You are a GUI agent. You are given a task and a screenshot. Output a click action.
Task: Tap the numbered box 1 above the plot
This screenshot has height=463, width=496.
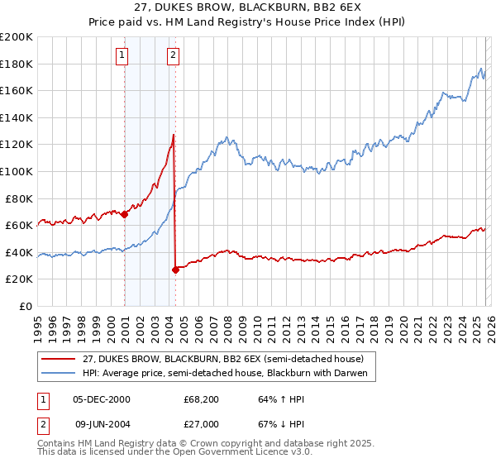122,55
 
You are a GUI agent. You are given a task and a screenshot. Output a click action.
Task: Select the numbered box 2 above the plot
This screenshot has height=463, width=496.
173,55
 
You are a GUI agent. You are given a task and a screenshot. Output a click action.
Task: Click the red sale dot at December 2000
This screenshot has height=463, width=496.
125,214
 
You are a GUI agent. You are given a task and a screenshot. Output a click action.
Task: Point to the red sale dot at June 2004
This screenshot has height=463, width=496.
176,270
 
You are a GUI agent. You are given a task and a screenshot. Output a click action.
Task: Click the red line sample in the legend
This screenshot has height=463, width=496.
59,358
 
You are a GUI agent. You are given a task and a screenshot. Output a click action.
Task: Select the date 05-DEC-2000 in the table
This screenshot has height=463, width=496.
102,399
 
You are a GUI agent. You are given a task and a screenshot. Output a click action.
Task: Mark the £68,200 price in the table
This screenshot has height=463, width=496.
201,399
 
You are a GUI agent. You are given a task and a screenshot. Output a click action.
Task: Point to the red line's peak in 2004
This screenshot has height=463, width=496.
174,134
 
